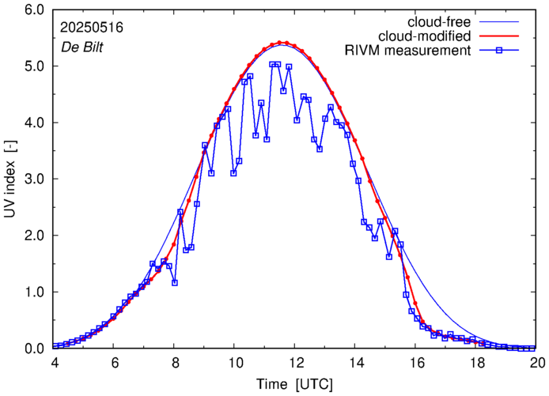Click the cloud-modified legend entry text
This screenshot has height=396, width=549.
426,36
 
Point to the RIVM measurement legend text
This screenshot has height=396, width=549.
408,51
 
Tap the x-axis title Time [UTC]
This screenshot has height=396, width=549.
294,383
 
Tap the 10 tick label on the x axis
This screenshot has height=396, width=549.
235,363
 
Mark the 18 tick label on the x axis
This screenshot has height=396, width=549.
477,363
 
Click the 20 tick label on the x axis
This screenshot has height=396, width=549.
537,363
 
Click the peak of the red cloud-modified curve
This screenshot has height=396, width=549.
282,43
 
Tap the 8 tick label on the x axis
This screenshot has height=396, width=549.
174,363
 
